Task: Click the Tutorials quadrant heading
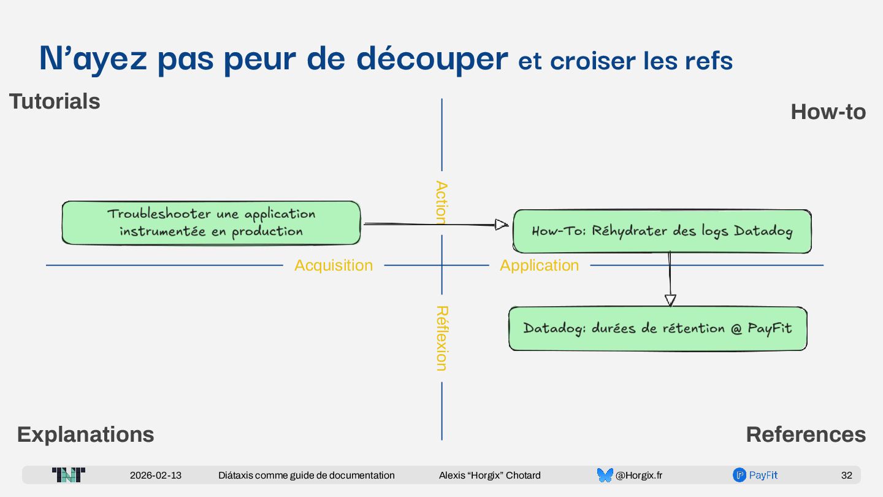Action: pyautogui.click(x=55, y=101)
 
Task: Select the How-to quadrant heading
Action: pyautogui.click(x=828, y=112)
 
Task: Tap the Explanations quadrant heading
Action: pyautogui.click(x=86, y=434)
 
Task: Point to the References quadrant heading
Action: pyautogui.click(x=806, y=434)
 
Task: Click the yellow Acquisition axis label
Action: pyautogui.click(x=334, y=265)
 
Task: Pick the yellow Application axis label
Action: pyautogui.click(x=539, y=265)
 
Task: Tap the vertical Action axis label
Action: pyautogui.click(x=441, y=202)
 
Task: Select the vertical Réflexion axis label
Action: pyautogui.click(x=441, y=338)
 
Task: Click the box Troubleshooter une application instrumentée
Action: pyautogui.click(x=211, y=223)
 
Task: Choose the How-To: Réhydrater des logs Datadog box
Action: pyautogui.click(x=662, y=231)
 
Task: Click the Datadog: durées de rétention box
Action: pyautogui.click(x=657, y=328)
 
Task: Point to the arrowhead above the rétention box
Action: pyautogui.click(x=670, y=300)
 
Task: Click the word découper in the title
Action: pyautogui.click(x=432, y=59)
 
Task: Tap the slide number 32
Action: pyautogui.click(x=846, y=475)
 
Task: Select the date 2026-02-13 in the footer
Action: pyautogui.click(x=156, y=475)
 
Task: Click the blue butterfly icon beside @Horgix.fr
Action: pyautogui.click(x=605, y=475)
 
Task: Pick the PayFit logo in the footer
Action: pyautogui.click(x=755, y=475)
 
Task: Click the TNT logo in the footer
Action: pyautogui.click(x=69, y=475)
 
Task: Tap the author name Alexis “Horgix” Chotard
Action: pyautogui.click(x=490, y=475)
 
